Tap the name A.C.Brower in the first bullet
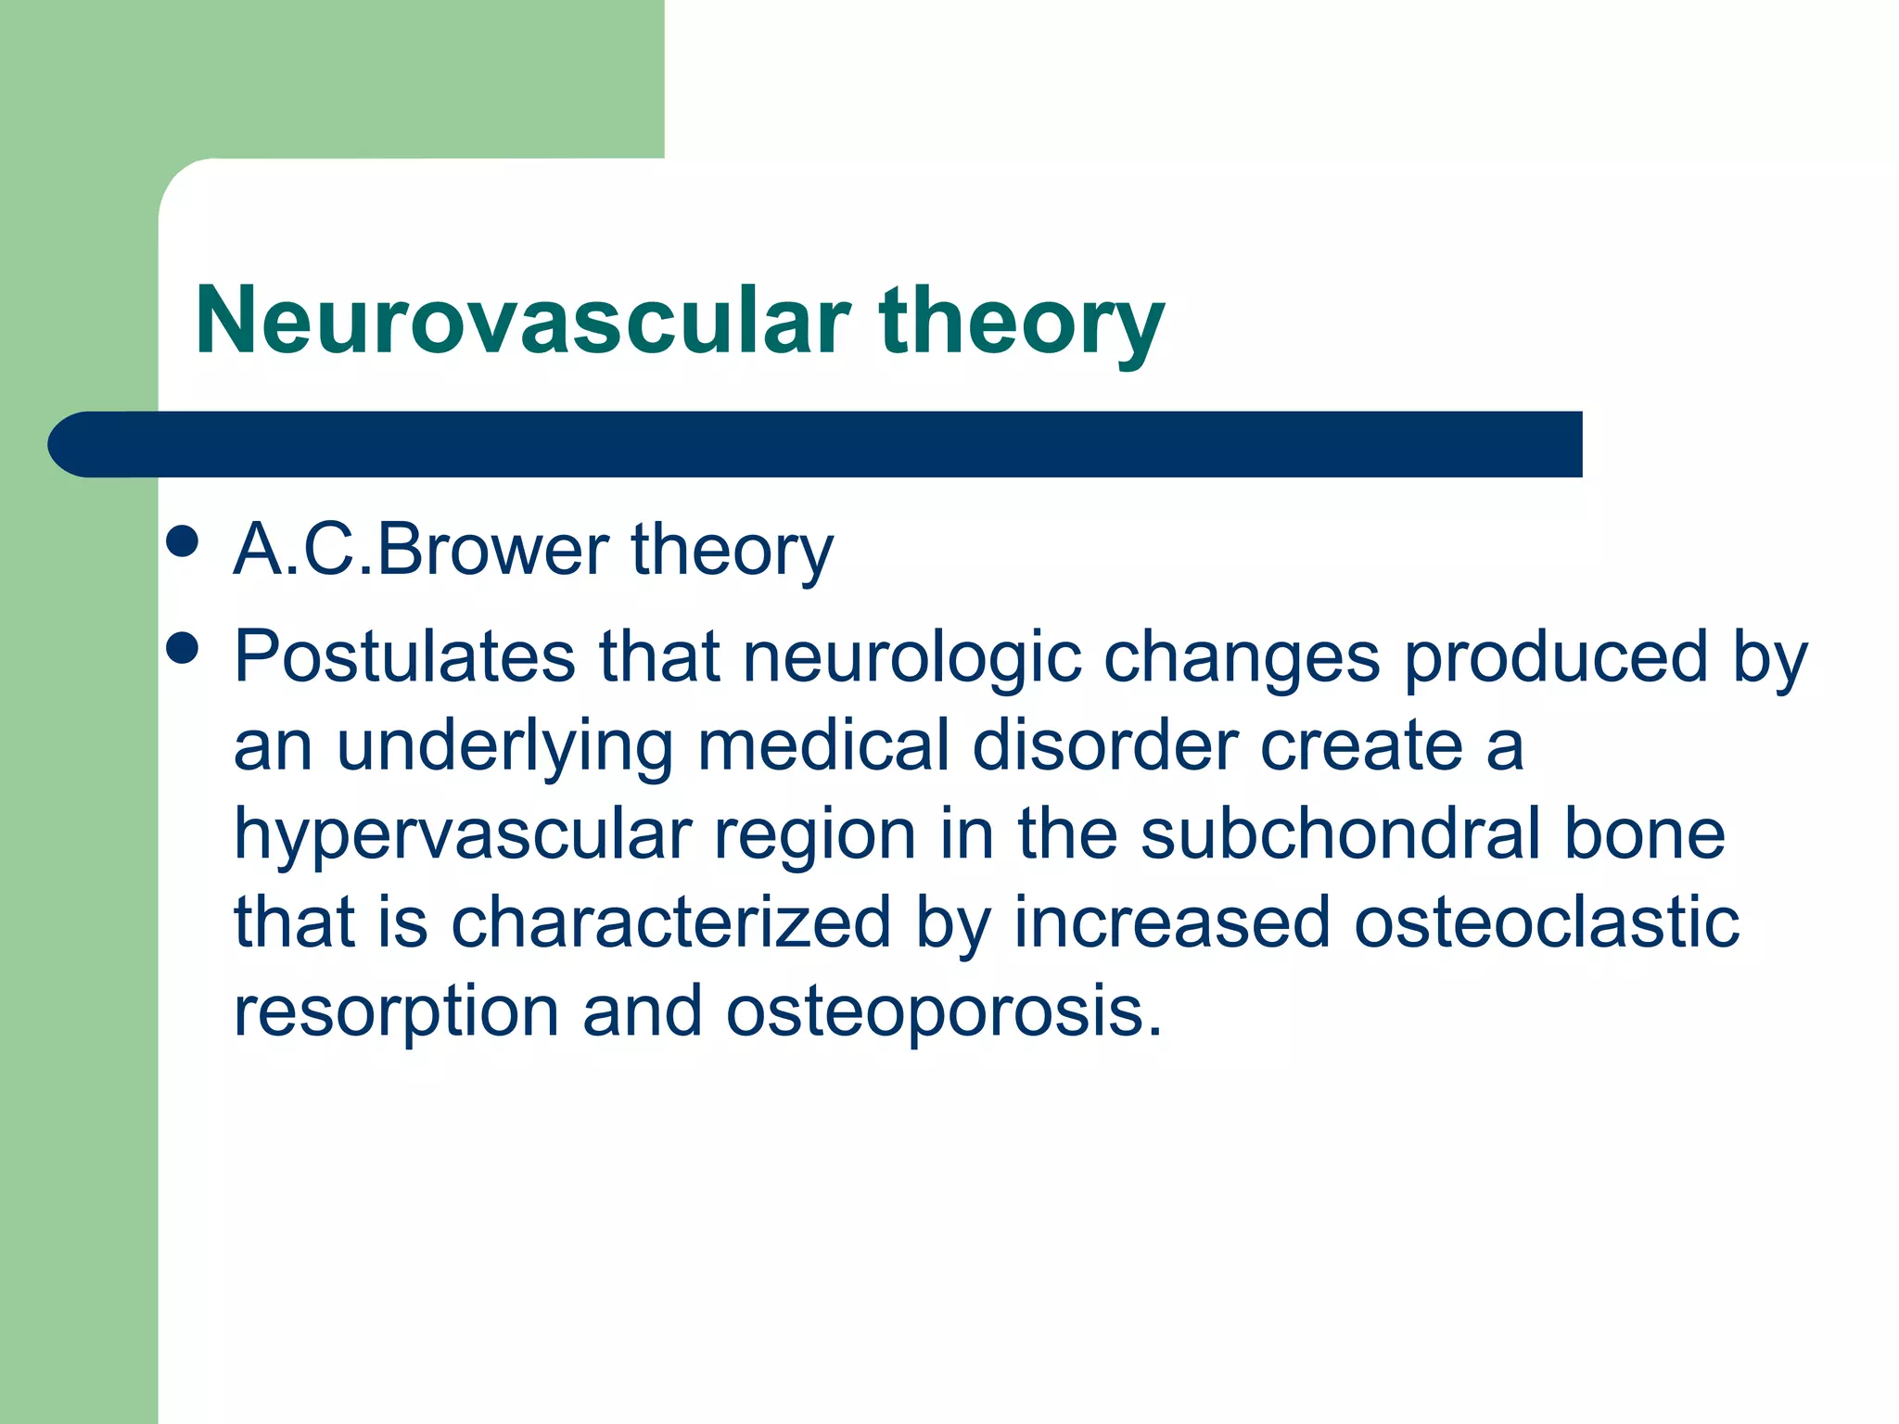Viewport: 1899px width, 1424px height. pyautogui.click(x=420, y=550)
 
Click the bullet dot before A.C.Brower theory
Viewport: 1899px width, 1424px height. pyautogui.click(x=183, y=541)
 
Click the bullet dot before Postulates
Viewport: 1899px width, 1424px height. pyautogui.click(x=183, y=648)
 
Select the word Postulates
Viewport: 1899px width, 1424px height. pyautogui.click(x=404, y=657)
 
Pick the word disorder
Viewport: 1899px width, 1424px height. pyautogui.click(x=1104, y=746)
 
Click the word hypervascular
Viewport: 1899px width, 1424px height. pyautogui.click(x=463, y=834)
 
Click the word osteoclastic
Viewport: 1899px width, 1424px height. pyautogui.click(x=1546, y=922)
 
